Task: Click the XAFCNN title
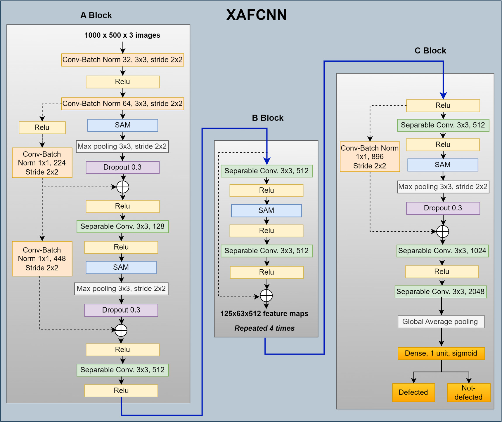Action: click(257, 15)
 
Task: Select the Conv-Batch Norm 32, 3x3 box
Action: click(123, 60)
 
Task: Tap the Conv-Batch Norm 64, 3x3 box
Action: click(123, 104)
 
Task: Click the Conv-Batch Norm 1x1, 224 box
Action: click(42, 163)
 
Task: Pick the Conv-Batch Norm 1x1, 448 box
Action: click(42, 259)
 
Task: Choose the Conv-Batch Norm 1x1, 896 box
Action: click(370, 157)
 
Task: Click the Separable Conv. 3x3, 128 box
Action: click(123, 226)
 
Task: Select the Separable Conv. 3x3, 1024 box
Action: click(442, 251)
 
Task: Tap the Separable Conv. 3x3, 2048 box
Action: click(441, 292)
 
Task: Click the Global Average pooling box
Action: click(441, 322)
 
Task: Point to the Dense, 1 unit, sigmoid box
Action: click(441, 353)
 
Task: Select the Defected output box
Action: click(413, 393)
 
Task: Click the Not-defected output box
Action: click(469, 393)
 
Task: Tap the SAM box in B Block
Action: click(266, 211)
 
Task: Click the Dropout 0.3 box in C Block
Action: click(443, 208)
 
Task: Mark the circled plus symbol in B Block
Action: click(266, 296)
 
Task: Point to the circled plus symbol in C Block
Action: click(443, 231)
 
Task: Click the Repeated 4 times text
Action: click(264, 328)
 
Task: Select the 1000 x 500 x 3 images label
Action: click(122, 35)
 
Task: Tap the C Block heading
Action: click(430, 51)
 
